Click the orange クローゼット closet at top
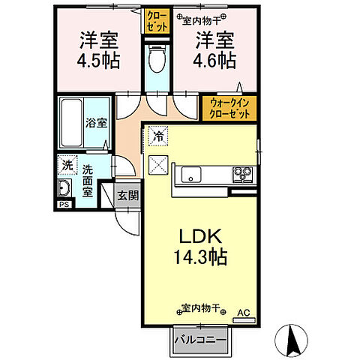click(x=157, y=19)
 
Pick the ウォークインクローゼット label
click(x=228, y=108)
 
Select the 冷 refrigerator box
click(x=158, y=136)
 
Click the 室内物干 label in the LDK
click(x=201, y=307)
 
